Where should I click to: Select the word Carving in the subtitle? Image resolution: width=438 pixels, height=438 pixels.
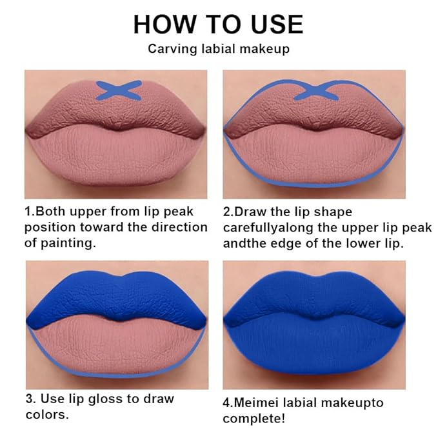tap(170, 48)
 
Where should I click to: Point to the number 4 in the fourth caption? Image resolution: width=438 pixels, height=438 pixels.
tap(227, 403)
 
